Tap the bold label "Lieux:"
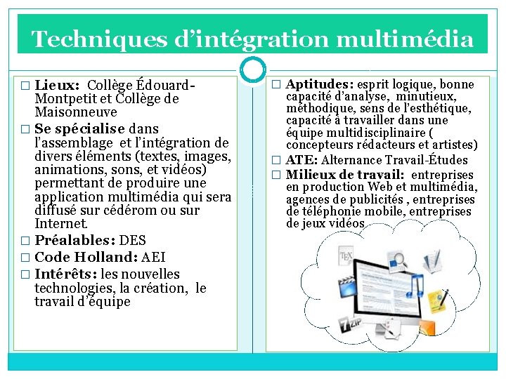coord(58,86)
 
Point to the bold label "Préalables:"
coord(76,241)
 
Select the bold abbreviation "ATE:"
coord(302,160)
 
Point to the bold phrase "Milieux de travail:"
coord(344,174)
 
